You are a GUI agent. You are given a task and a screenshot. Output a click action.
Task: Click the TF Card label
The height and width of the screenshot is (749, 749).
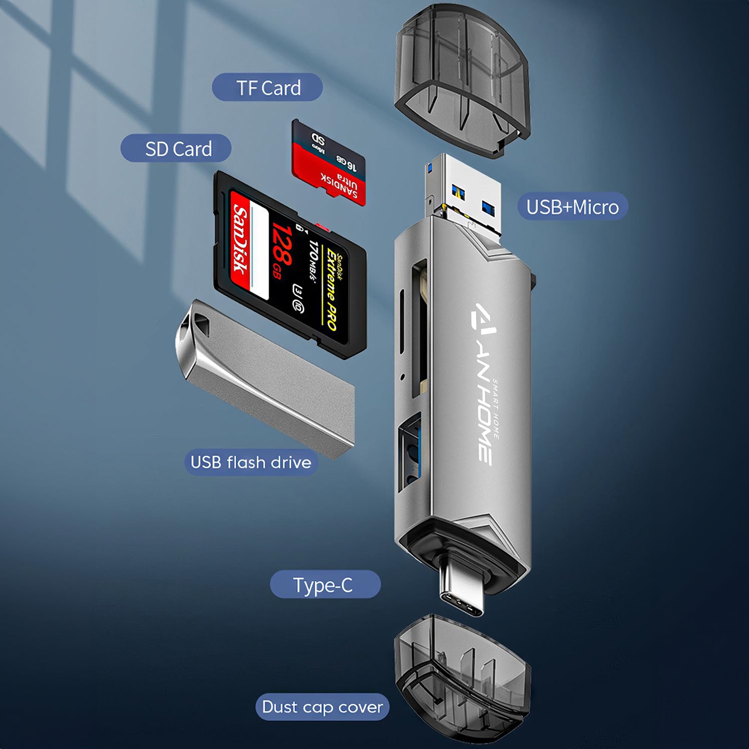coord(268,88)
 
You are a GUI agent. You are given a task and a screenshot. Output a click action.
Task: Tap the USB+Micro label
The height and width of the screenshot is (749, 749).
coord(572,207)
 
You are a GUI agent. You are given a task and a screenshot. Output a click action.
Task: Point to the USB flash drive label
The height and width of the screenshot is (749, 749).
coord(251,462)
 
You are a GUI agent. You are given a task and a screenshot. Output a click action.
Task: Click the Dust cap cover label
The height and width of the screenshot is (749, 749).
coord(322,707)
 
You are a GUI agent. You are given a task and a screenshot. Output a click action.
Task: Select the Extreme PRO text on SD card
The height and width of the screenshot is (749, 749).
coord(332,290)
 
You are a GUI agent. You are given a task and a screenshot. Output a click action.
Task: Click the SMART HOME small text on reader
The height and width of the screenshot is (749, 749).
coord(496,409)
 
